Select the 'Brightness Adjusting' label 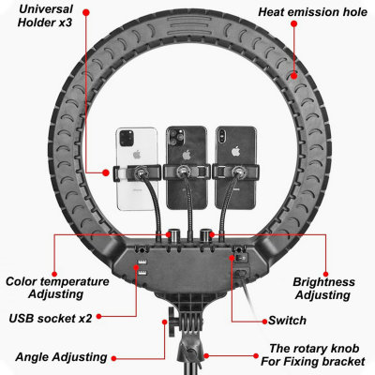323,288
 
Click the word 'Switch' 287,320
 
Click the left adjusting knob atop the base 172,232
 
